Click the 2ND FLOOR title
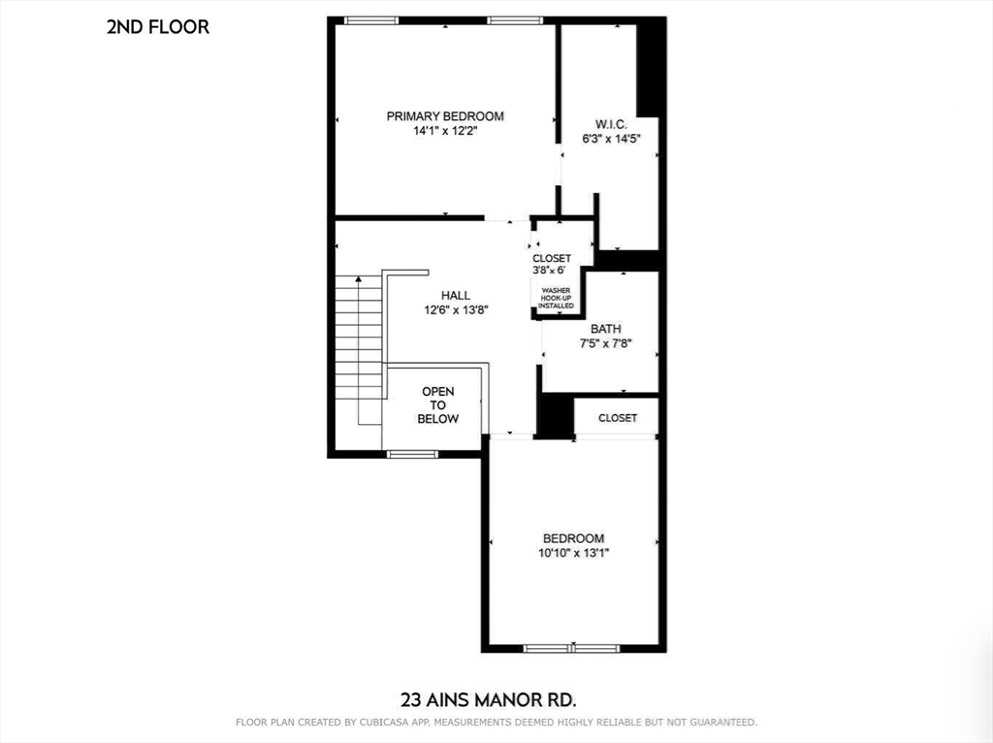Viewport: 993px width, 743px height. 157,27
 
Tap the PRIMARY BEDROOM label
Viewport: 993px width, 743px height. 445,116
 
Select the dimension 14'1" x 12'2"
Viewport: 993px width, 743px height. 445,130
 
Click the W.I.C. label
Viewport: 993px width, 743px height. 611,125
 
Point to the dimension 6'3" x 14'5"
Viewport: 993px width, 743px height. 611,139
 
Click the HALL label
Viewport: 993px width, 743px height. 455,296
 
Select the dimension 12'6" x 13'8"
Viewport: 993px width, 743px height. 455,310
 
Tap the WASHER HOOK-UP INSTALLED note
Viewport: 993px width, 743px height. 557,298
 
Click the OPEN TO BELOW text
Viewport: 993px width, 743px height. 437,404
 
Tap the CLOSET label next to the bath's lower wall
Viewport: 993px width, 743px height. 618,418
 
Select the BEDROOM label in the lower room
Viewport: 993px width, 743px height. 573,538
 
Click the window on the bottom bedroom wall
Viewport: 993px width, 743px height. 572,648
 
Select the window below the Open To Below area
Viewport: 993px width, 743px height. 412,453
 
